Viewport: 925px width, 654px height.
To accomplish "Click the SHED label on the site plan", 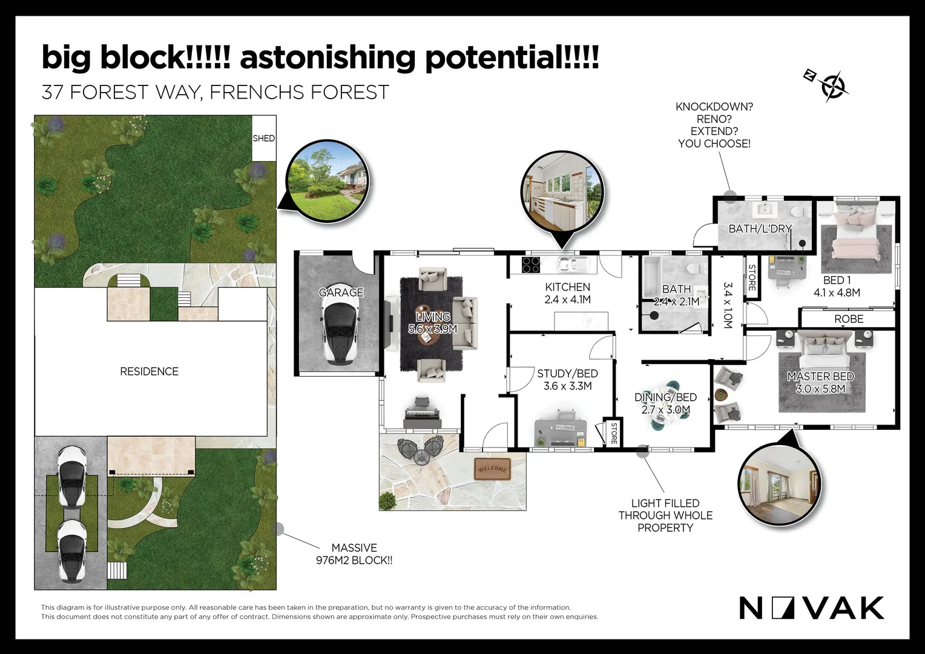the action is pos(263,139).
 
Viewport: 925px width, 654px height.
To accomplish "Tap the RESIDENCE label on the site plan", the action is pos(149,371).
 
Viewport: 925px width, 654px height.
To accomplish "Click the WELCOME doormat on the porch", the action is pos(492,469).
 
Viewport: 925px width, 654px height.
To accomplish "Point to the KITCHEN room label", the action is pos(567,286).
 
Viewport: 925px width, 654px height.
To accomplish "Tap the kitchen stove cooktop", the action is pos(530,265).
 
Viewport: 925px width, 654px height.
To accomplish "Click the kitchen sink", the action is pos(572,265).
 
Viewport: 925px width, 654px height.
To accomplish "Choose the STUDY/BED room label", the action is pos(567,374).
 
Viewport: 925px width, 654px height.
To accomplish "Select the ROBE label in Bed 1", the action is pos(849,319).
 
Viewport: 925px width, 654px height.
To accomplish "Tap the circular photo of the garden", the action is pos(328,182).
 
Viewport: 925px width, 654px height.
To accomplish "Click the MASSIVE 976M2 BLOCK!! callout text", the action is pos(354,554).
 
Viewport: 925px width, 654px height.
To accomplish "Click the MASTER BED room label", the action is pos(820,377).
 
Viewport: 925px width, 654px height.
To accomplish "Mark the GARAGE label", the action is pos(341,292).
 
